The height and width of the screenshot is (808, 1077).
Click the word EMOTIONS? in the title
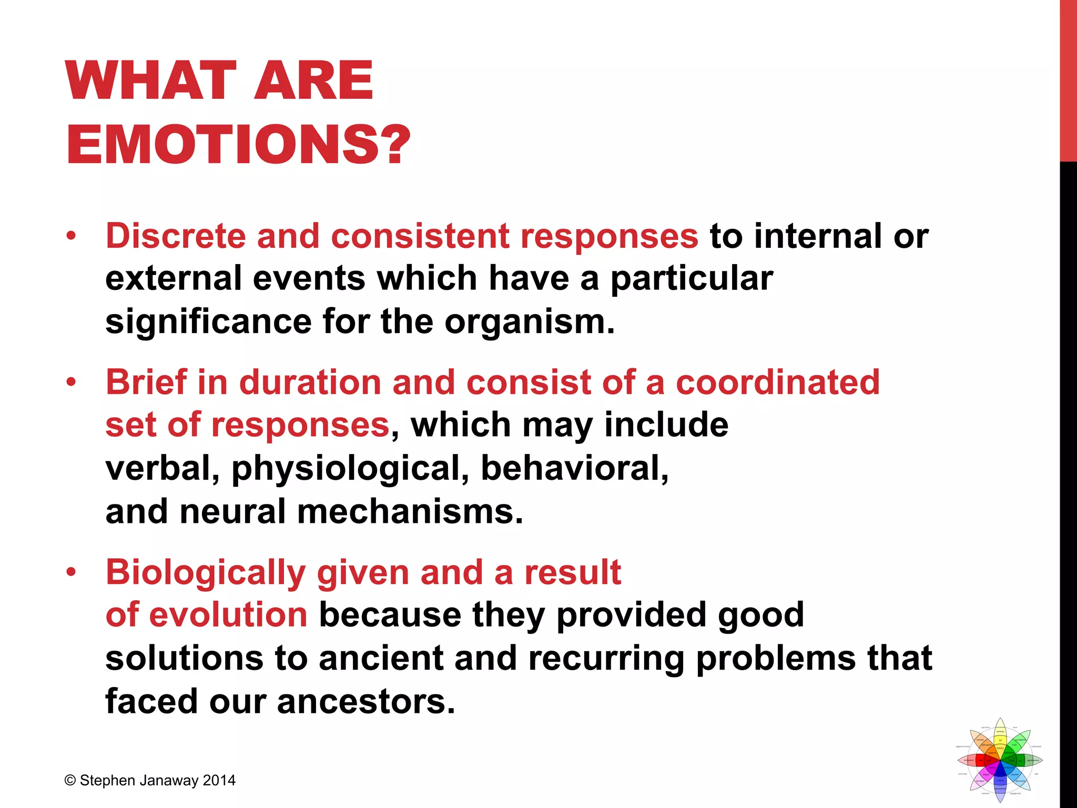[x=238, y=144]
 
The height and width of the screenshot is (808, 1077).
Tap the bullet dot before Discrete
[x=71, y=236]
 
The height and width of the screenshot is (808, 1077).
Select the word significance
[x=208, y=321]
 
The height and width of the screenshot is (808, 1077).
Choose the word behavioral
[x=574, y=468]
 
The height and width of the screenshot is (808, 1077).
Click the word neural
[x=232, y=511]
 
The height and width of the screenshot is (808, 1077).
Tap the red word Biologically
[x=206, y=572]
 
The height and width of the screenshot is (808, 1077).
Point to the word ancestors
[x=365, y=701]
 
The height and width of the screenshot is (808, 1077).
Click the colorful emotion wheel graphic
[x=1000, y=760]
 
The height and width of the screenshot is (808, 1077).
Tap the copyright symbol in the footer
[x=70, y=781]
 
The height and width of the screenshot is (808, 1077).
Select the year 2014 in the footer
[x=219, y=781]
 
